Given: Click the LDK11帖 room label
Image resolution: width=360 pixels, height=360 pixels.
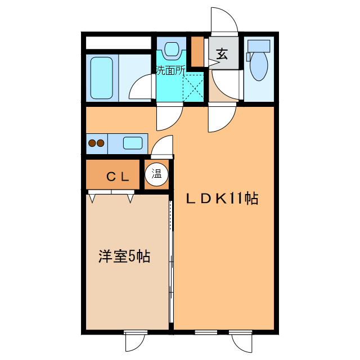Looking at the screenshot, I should coord(222,199).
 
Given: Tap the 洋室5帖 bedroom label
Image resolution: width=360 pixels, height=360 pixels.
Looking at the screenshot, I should coord(124,256).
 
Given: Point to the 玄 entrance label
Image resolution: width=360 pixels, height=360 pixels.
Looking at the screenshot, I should coord(222,55).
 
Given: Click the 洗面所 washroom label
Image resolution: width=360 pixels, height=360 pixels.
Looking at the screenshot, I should coord(170,70).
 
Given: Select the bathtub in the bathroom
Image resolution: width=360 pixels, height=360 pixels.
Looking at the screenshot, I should coord(102,77).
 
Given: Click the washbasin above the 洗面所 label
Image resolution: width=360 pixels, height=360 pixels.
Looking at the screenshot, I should coord(172,49).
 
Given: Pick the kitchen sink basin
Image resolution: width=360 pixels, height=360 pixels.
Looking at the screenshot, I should coord(133,143).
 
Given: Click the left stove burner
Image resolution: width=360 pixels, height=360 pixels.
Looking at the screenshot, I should coord(92,143).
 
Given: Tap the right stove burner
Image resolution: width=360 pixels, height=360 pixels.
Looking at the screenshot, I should coord(100,143).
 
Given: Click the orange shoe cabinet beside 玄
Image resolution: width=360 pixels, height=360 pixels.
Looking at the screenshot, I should coord(197,51).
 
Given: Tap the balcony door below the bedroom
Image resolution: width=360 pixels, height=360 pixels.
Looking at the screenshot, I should coord(135,341).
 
